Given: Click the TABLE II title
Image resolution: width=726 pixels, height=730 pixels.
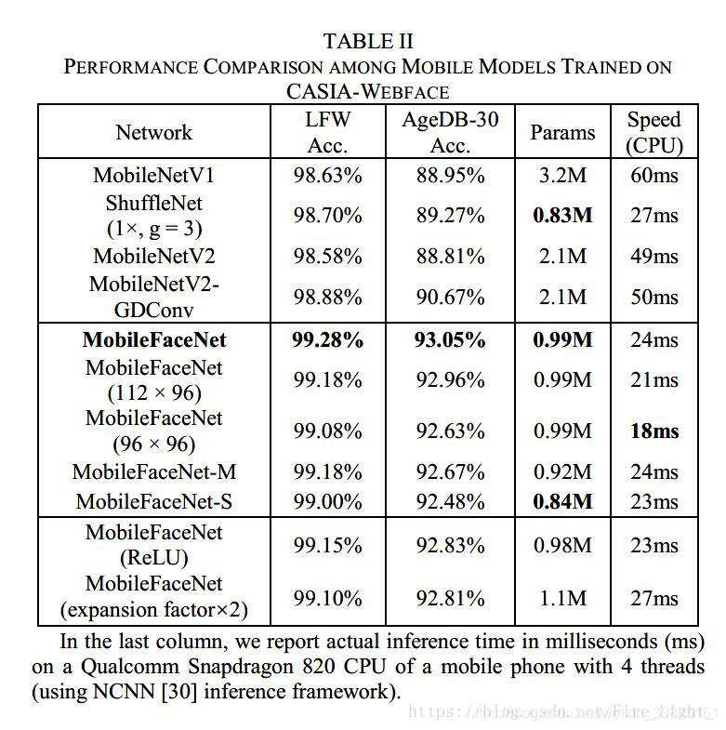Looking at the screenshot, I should click(368, 42).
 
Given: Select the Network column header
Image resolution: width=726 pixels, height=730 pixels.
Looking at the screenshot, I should click(153, 132).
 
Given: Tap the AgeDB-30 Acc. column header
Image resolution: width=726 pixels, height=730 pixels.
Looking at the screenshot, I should click(450, 132).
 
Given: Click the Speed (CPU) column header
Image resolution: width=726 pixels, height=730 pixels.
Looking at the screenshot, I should click(653, 132).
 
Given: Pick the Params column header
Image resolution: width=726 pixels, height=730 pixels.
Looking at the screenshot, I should click(562, 132).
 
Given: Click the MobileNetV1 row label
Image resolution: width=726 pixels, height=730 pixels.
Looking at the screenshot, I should click(153, 175).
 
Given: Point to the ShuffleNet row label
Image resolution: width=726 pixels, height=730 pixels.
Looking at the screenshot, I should click(153, 215).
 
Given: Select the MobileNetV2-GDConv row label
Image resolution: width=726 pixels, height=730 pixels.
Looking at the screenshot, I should click(153, 297).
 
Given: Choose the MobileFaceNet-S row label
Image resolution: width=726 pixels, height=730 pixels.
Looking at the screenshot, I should click(153, 502).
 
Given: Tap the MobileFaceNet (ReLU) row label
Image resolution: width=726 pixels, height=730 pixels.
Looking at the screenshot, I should click(153, 545).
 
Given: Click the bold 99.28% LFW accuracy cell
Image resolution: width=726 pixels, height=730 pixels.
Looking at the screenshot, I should click(327, 339).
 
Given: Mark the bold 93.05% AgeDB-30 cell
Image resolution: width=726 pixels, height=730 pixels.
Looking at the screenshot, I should click(450, 339).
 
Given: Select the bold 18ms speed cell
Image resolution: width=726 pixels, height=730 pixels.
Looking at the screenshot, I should click(653, 431).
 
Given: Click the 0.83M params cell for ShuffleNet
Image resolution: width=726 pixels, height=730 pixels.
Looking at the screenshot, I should click(562, 216).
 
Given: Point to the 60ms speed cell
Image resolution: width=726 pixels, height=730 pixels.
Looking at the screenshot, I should click(653, 175).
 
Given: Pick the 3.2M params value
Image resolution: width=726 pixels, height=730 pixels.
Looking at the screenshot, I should click(562, 175).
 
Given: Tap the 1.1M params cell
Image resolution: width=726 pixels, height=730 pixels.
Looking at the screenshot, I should click(562, 598).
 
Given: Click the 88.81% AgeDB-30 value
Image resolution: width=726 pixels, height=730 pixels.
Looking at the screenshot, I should click(450, 256).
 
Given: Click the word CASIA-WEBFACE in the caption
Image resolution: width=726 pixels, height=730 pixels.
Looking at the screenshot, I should click(368, 91).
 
